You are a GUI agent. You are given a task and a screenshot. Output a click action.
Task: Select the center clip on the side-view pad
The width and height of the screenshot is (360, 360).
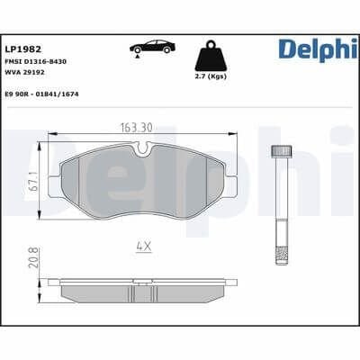(139, 281)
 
